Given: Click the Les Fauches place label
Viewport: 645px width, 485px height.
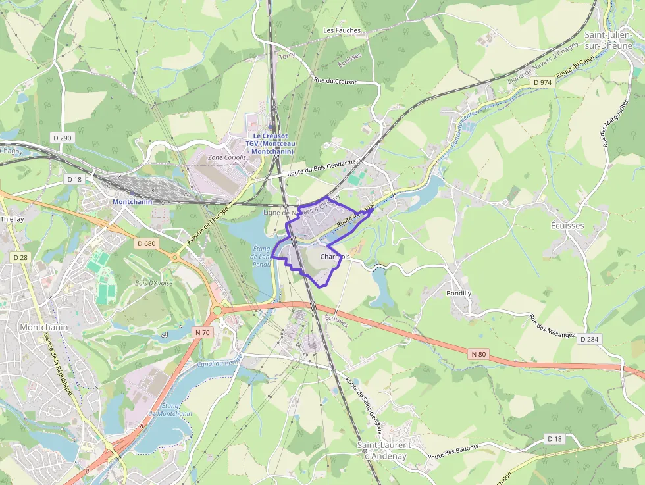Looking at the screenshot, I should (x=342, y=30).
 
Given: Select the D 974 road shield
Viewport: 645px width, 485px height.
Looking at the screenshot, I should (x=543, y=82).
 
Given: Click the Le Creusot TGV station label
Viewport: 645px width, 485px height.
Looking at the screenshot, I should (x=271, y=143).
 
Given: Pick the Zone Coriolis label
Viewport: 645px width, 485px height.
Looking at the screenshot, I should (x=226, y=158).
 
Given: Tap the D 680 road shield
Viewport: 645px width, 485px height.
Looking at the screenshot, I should (x=147, y=243).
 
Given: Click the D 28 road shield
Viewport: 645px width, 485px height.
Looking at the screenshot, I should (x=23, y=257).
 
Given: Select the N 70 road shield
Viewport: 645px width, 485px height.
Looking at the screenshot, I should (x=202, y=332).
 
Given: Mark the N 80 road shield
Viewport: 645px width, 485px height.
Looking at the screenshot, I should (x=478, y=354).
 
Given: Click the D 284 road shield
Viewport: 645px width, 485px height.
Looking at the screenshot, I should (x=590, y=339).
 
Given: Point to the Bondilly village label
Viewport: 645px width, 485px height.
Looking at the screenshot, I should (x=459, y=293).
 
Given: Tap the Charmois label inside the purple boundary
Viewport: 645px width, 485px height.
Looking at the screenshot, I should (x=335, y=257).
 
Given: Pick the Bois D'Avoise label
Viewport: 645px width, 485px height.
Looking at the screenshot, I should (x=154, y=283).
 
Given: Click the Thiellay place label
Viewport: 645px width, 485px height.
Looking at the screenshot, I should (x=12, y=219).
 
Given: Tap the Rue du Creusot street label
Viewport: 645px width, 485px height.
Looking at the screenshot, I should (x=335, y=82).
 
